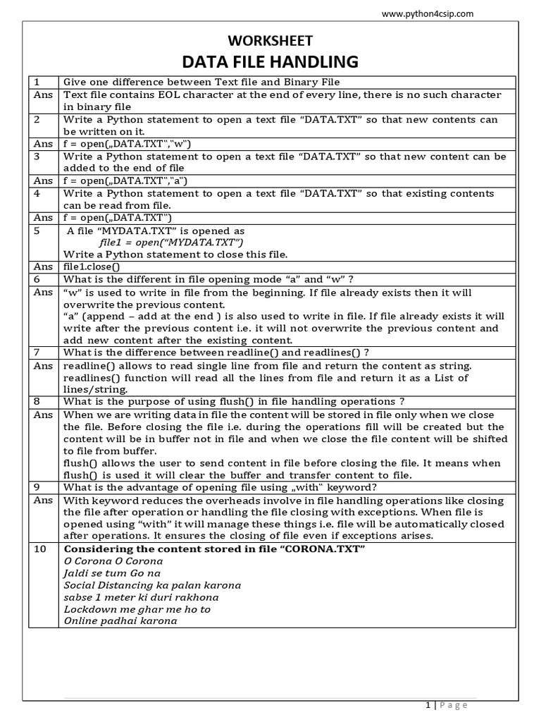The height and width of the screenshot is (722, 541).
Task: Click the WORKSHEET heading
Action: click(270, 41)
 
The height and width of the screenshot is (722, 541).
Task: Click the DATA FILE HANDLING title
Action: click(270, 62)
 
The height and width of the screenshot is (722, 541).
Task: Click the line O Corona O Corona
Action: click(113, 561)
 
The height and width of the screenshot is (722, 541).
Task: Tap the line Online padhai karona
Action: click(120, 621)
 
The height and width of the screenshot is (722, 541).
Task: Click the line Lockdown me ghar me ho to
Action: click(137, 609)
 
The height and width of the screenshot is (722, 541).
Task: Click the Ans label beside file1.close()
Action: click(43, 267)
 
